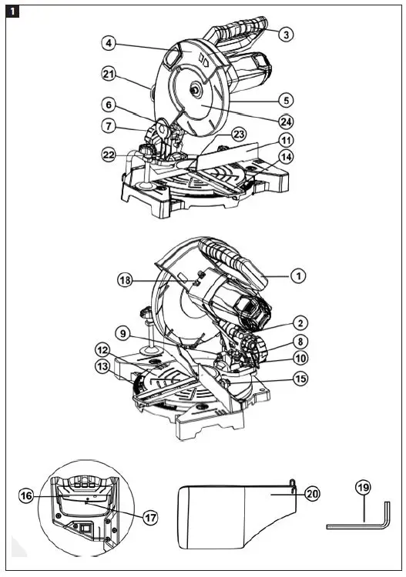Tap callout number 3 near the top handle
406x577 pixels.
tap(285, 34)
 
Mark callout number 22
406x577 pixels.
tap(110, 155)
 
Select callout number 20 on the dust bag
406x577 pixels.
tap(310, 493)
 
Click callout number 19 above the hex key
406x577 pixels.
tap(363, 488)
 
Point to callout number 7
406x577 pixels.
tap(110, 125)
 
